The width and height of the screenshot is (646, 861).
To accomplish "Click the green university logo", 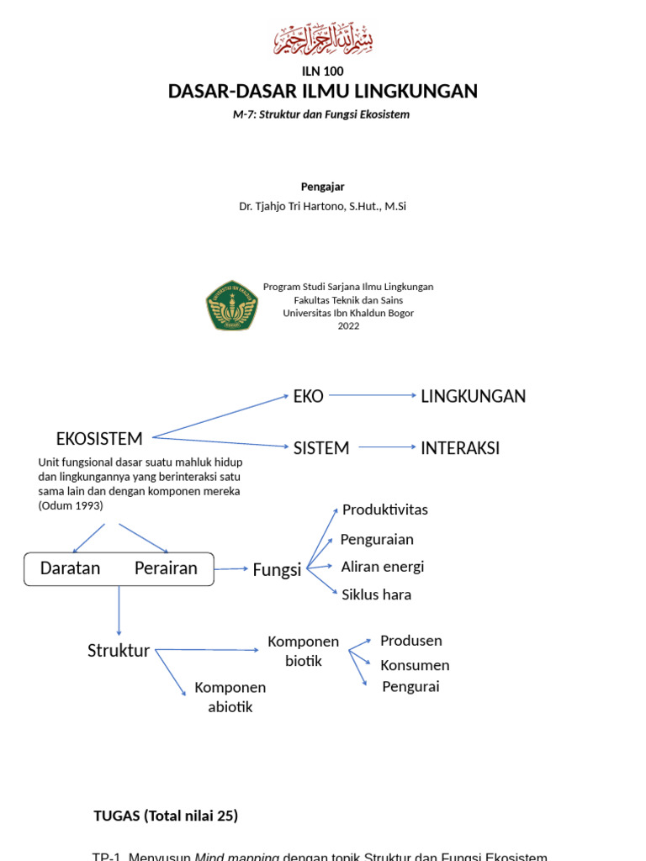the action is [232, 305].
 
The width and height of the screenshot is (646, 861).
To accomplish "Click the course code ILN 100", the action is [323, 71].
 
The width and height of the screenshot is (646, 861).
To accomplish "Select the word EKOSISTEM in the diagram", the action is [99, 438].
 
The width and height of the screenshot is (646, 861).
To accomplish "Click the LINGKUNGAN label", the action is [473, 396].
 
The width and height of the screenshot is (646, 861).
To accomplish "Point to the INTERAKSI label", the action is [460, 448].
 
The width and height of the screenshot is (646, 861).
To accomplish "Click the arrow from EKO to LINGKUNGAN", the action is [372, 396].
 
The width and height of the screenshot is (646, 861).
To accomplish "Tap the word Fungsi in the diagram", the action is [277, 570].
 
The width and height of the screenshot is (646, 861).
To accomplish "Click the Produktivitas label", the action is [385, 510].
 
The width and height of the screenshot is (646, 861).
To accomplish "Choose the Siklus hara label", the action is [376, 594].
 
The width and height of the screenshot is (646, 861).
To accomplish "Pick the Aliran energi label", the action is [382, 567].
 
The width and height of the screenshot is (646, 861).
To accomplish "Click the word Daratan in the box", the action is [70, 568].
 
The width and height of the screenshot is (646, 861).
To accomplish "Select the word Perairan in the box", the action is [166, 568].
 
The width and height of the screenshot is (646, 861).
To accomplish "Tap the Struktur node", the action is [119, 651].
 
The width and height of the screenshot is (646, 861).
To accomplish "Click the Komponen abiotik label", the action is [230, 697].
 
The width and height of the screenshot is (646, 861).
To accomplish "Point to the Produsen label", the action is [410, 641].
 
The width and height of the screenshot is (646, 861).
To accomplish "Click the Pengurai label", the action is [410, 687].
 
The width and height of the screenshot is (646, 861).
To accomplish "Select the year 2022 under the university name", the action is [348, 326].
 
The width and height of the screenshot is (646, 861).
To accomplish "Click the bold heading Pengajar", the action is [323, 187].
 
